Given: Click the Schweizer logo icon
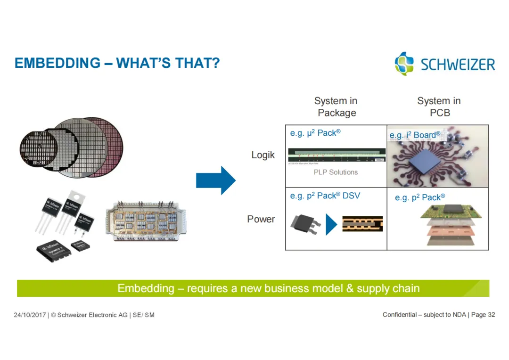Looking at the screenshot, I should point(404,64).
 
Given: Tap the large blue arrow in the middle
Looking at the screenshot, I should point(215,180).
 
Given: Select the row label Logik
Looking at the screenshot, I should point(263,155).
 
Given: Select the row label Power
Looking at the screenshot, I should point(261,219).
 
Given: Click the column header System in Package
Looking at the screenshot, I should point(336,107).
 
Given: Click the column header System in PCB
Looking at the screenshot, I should point(439,107).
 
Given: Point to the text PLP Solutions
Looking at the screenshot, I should point(336,172).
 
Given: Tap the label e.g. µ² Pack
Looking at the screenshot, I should point(315,133).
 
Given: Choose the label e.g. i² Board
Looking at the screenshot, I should point(415,135).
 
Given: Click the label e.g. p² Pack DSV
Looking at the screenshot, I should point(325,196).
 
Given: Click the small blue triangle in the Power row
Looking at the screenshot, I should point(331,224).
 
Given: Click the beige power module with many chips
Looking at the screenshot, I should point(146,221).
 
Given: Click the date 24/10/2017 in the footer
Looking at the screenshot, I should point(29,315).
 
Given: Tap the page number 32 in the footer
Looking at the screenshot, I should point(491,315).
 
